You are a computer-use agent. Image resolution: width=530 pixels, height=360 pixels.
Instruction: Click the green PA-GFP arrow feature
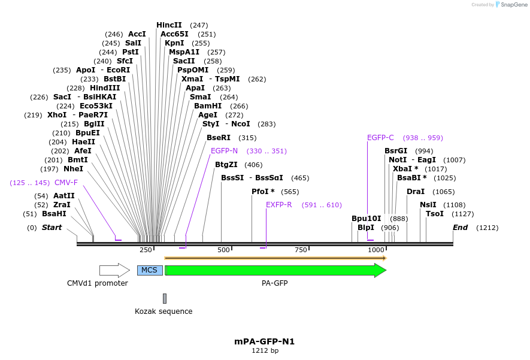pos(275,270)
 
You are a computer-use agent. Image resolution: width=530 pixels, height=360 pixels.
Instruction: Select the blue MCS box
pos(150,270)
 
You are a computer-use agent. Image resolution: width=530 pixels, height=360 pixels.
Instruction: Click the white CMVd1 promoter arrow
pos(114,270)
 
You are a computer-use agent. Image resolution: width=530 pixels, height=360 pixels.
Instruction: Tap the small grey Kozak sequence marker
pos(165,298)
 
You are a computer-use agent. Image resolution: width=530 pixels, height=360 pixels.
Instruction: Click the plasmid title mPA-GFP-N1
pos(265,341)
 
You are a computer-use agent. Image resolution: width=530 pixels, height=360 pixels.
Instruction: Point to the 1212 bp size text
pos(265,351)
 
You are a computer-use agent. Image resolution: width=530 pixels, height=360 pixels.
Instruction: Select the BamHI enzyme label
pos(208,106)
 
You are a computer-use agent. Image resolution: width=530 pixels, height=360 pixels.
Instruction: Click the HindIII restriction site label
pos(105,88)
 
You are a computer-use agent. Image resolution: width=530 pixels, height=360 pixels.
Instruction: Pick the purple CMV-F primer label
pos(66,183)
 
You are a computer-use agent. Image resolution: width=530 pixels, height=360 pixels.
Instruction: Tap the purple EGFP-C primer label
pos(380,138)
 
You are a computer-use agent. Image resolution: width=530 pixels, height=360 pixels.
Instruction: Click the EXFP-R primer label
pos(279,205)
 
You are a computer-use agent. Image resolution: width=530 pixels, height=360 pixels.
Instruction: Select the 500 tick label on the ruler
pos(224,250)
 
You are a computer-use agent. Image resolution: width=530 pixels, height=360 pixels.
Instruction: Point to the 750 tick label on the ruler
pos(301,250)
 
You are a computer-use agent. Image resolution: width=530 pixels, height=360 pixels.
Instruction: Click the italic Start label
pos(52,228)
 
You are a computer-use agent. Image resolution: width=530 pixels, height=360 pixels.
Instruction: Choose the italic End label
pos(460,228)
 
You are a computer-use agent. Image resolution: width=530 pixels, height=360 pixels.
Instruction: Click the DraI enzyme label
pos(416,192)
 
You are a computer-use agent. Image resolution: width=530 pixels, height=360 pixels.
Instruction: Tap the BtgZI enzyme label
pos(226,165)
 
